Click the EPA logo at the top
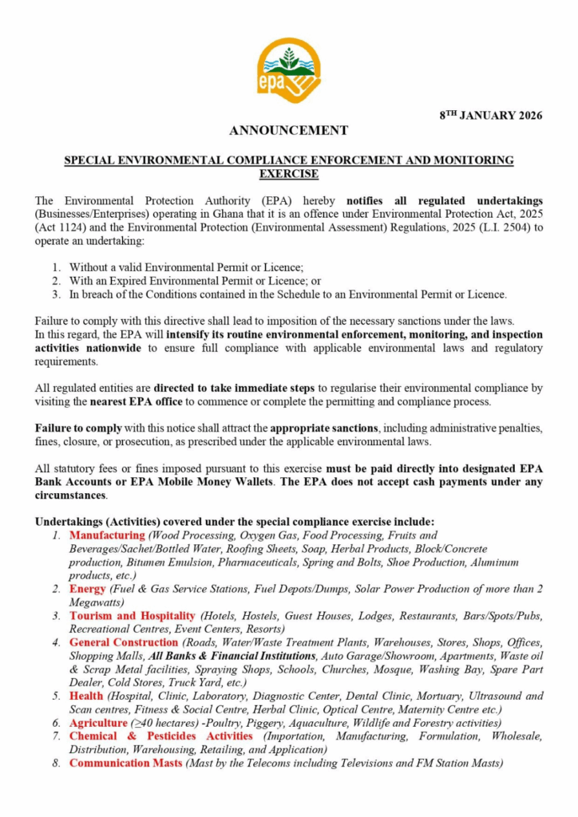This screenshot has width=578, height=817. pyautogui.click(x=289, y=70)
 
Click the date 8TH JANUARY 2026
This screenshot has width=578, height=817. pyautogui.click(x=491, y=115)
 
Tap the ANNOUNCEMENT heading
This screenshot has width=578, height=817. pyautogui.click(x=288, y=130)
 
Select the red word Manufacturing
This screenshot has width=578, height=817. pyautogui.click(x=107, y=535)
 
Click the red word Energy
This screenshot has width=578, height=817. pyautogui.click(x=87, y=589)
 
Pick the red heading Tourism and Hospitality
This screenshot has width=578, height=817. pyautogui.click(x=132, y=616)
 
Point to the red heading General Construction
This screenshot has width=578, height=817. pyautogui.click(x=124, y=642)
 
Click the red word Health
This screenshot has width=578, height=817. pyautogui.click(x=86, y=696)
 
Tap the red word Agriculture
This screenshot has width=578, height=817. pyautogui.click(x=98, y=723)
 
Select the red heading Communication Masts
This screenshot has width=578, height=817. pyautogui.click(x=125, y=763)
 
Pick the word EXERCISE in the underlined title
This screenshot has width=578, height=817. pyautogui.click(x=288, y=173)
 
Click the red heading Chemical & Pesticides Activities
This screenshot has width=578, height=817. pyautogui.click(x=160, y=736)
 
